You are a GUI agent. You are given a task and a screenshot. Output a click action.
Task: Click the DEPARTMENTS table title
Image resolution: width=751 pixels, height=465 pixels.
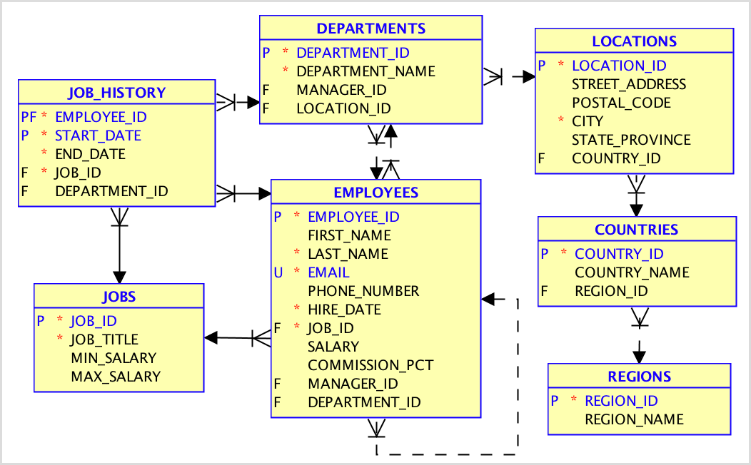[x=371, y=29]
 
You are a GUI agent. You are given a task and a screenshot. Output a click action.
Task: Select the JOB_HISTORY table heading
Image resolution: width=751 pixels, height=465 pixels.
[x=116, y=92]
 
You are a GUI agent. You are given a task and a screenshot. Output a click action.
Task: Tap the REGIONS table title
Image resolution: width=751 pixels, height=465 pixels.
[x=639, y=377]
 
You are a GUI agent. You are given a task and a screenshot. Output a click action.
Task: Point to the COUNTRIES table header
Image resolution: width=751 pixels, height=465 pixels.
[x=636, y=230]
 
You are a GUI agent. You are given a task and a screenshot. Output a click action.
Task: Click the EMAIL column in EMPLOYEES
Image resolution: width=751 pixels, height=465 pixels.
[x=328, y=272]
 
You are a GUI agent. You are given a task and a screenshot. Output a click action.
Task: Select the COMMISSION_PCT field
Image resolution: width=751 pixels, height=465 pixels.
[x=371, y=365]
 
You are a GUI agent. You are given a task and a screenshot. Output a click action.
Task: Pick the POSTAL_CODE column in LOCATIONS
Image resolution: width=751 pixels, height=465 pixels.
[x=621, y=103]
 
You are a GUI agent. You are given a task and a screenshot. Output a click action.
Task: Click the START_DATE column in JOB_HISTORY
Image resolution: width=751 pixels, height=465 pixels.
[x=98, y=136]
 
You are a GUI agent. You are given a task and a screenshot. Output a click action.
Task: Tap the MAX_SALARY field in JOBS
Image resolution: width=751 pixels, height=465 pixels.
[x=116, y=377]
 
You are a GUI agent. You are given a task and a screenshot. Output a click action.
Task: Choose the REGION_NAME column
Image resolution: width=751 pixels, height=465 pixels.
[x=634, y=419]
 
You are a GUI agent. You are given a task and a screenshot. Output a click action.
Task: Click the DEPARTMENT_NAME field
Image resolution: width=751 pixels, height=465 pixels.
[x=366, y=71]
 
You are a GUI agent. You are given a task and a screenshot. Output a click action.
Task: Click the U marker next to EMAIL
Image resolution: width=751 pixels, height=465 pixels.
[x=278, y=272]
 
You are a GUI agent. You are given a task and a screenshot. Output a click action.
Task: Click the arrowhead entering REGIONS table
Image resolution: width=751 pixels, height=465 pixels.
[x=640, y=356]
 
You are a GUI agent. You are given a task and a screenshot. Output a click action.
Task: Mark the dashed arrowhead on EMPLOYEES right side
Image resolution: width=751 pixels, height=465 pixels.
[x=488, y=300]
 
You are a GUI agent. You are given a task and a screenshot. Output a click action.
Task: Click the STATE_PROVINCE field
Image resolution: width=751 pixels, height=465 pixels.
[x=631, y=140]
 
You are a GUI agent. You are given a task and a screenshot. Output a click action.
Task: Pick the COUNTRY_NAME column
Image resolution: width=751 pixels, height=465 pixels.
[x=632, y=272]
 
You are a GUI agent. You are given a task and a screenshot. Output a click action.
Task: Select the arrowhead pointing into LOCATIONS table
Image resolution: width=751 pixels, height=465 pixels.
[x=528, y=76]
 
